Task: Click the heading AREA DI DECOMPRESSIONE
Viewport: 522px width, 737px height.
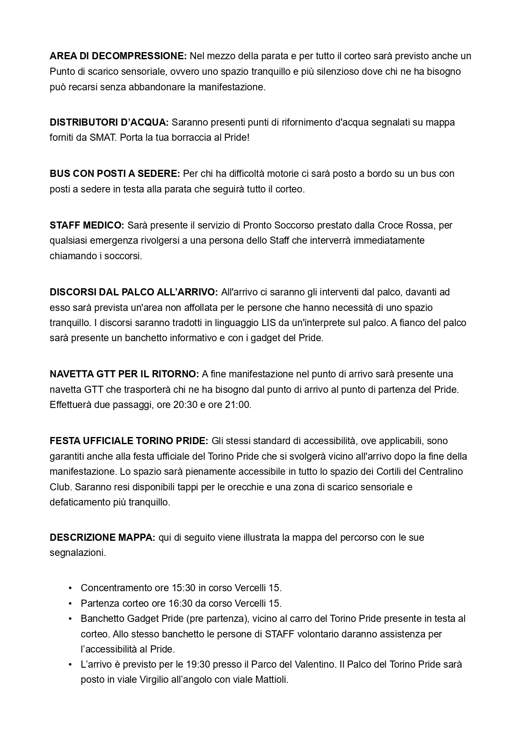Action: (118, 56)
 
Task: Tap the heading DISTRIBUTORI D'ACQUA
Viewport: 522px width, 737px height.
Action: (109, 122)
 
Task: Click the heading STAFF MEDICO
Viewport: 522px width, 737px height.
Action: (87, 225)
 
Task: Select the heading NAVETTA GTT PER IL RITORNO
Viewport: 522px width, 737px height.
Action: (124, 374)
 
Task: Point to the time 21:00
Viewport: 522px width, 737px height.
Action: (238, 405)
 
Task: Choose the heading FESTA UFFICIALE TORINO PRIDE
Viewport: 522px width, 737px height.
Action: (129, 441)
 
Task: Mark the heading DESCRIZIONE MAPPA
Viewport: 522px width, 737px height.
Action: (103, 537)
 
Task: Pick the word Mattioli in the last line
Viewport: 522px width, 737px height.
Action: (272, 679)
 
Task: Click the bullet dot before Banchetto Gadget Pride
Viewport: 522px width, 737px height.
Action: (70, 619)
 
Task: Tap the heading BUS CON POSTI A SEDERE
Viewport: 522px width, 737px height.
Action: (115, 174)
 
